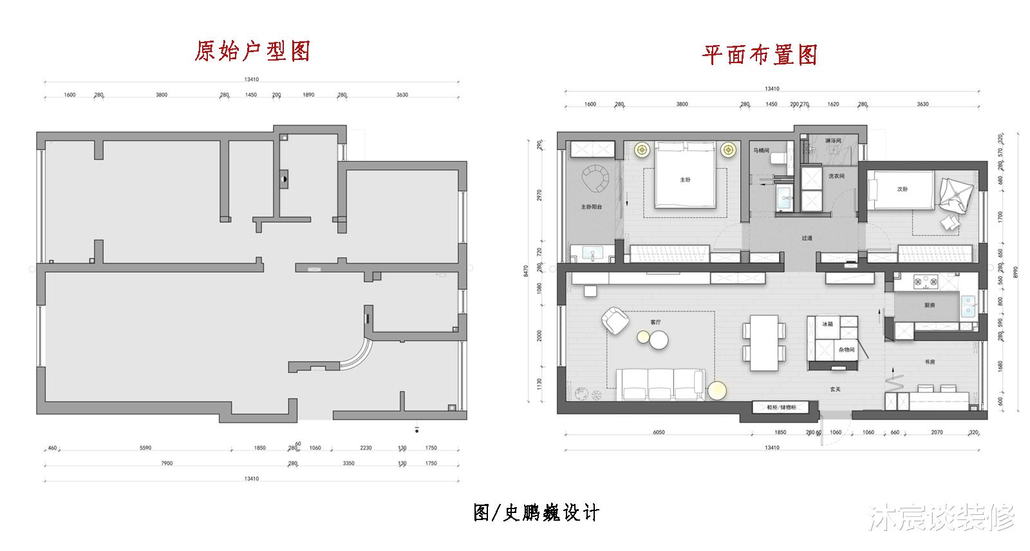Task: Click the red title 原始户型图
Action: [252, 51]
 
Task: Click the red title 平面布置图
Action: [760, 55]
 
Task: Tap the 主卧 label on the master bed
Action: [685, 180]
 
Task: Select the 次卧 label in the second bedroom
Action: [903, 189]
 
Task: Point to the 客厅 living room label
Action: [656, 322]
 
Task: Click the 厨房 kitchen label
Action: [929, 305]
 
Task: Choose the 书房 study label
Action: [930, 362]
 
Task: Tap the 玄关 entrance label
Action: [835, 389]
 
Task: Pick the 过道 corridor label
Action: [807, 238]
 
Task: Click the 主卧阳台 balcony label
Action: [591, 208]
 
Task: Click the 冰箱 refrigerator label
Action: [828, 324]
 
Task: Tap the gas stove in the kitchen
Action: [924, 282]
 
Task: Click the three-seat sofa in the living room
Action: [661, 385]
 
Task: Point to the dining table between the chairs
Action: [764, 342]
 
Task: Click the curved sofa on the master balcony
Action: [595, 179]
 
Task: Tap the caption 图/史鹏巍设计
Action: [536, 513]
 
